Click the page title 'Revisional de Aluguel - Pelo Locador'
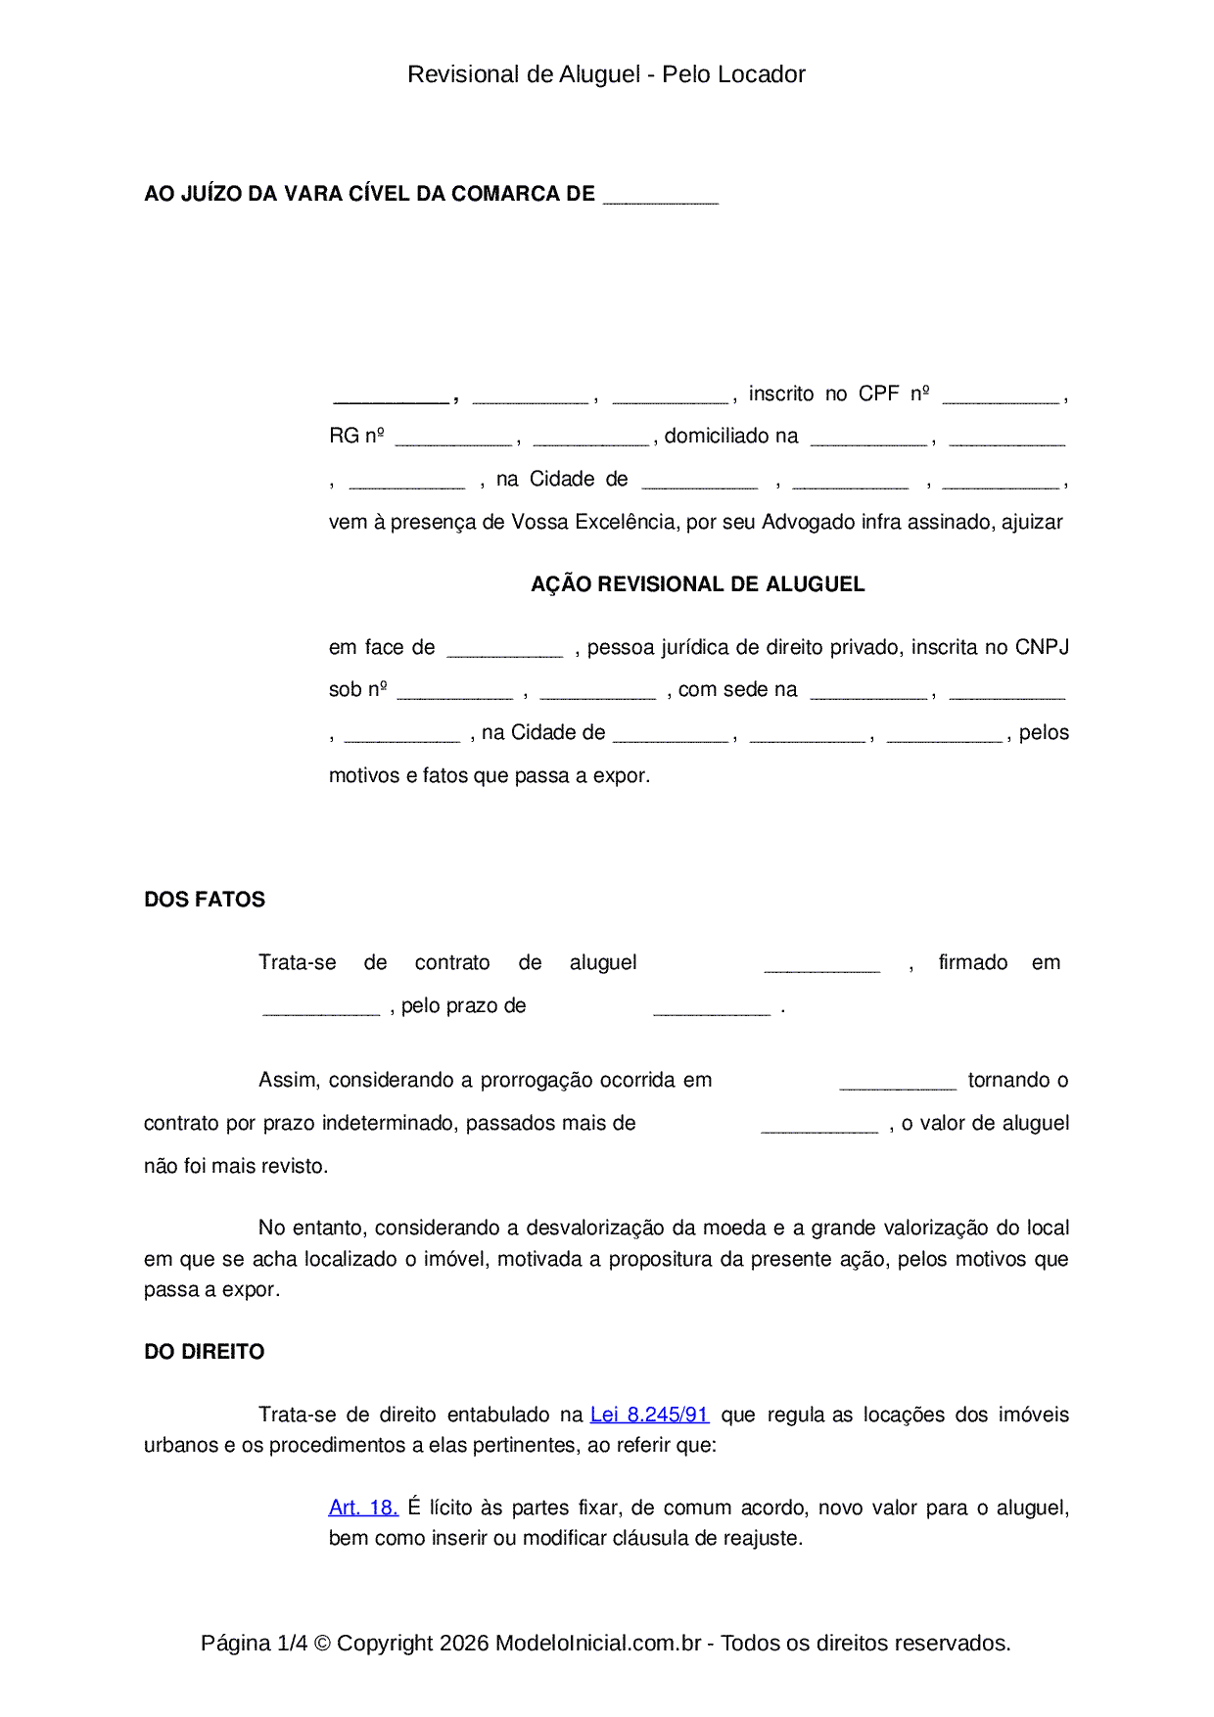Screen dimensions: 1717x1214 pyautogui.click(x=606, y=74)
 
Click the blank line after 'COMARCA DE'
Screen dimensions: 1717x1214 pyautogui.click(x=661, y=197)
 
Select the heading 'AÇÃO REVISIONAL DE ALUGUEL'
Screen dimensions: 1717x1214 pyautogui.click(x=697, y=584)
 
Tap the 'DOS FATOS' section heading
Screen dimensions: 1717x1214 pyautogui.click(x=205, y=900)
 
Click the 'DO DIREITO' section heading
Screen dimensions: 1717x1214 pyautogui.click(x=205, y=1352)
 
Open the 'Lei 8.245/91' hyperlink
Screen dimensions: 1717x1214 pyautogui.click(x=649, y=1415)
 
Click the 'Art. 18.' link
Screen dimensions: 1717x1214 pyautogui.click(x=363, y=1508)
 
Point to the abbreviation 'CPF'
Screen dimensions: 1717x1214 pyautogui.click(x=878, y=394)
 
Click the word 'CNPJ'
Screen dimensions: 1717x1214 pyautogui.click(x=1042, y=647)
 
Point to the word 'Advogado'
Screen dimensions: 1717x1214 pyautogui.click(x=809, y=522)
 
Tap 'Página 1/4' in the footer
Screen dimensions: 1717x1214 pyautogui.click(x=254, y=1643)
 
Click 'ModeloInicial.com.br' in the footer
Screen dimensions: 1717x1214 pyautogui.click(x=598, y=1643)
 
